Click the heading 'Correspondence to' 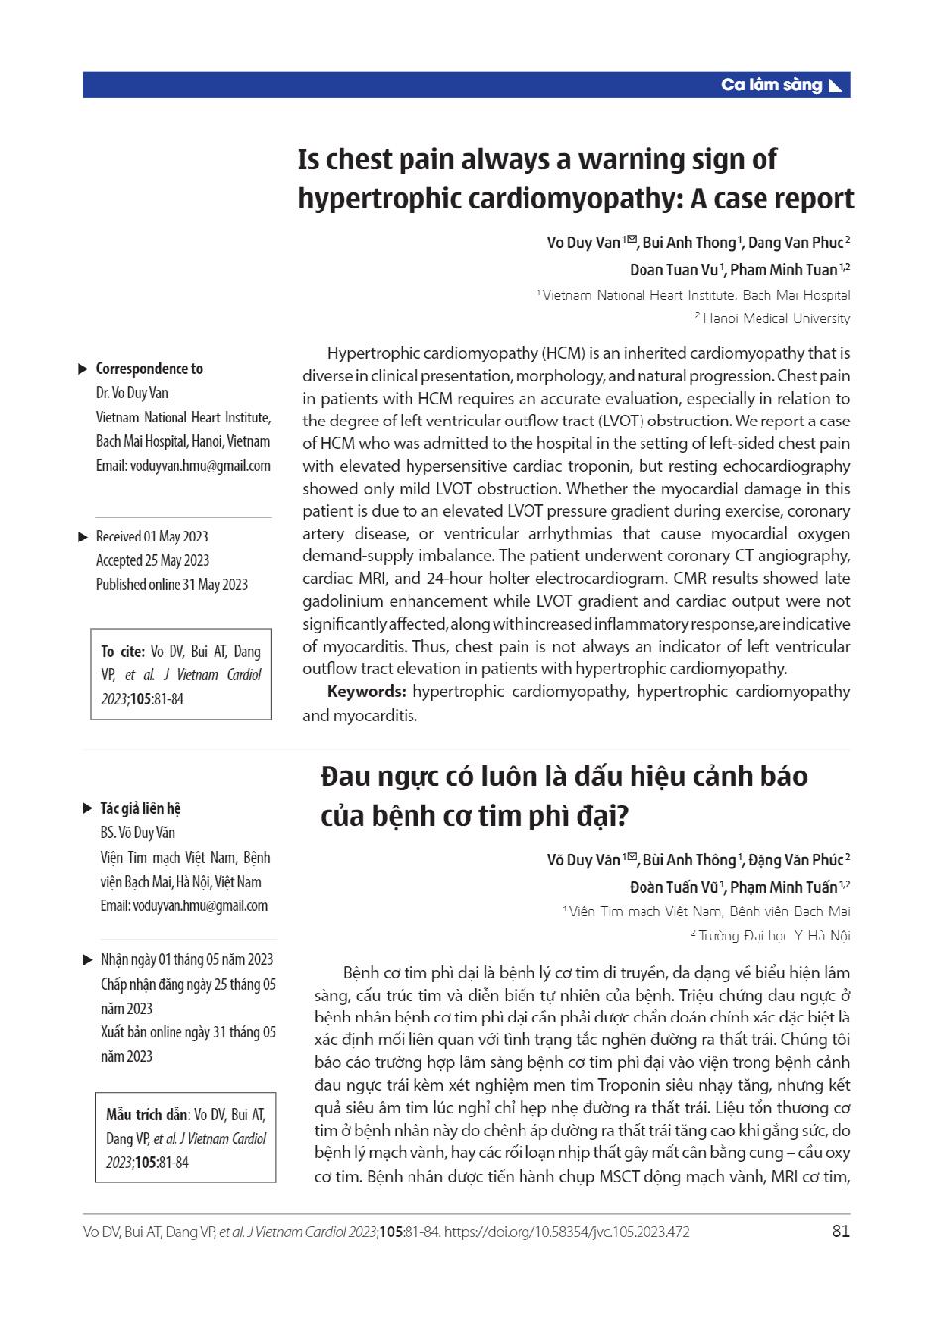click(149, 369)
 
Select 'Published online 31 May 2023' click(172, 585)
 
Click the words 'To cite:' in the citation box click(123, 652)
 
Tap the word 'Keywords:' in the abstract click(366, 691)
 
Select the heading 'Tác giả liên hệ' click(141, 809)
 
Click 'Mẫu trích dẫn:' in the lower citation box click(148, 1114)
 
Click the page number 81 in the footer click(841, 1232)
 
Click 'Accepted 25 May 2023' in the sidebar click(153, 561)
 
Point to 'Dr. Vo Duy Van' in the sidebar click(132, 393)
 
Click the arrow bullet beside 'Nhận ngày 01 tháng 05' click(86, 960)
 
